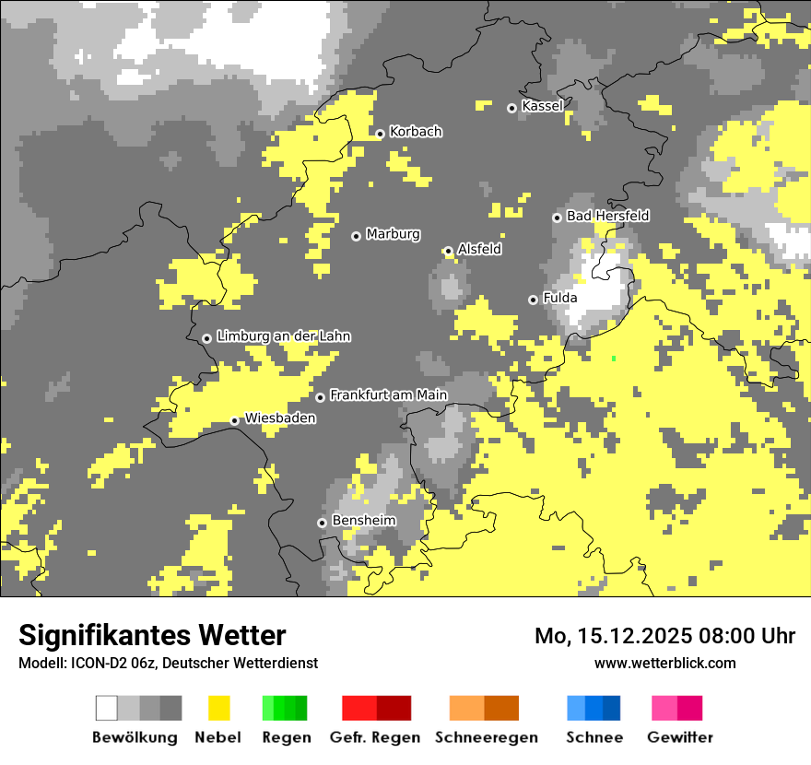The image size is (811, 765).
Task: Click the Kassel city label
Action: click(x=542, y=106)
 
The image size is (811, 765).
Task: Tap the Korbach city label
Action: click(x=416, y=132)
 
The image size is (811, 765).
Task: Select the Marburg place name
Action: click(x=393, y=234)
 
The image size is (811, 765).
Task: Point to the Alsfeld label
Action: click(x=479, y=249)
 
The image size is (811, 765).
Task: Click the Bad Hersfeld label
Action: click(x=607, y=216)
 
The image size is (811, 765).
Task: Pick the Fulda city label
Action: click(x=560, y=298)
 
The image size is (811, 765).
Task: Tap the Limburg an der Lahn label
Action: click(x=283, y=336)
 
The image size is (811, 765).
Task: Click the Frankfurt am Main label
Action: click(x=388, y=395)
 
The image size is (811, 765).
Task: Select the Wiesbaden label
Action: click(x=280, y=418)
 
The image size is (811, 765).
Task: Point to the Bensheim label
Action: click(x=363, y=521)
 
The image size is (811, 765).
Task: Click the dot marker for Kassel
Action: click(x=512, y=108)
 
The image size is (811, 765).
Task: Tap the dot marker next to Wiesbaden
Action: click(x=235, y=421)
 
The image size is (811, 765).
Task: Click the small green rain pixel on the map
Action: click(x=614, y=358)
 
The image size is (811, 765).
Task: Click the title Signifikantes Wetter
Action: click(x=152, y=635)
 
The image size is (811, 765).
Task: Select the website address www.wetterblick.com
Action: click(x=664, y=663)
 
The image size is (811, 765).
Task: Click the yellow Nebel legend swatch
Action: click(x=218, y=708)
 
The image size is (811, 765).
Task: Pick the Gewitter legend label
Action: click(x=680, y=737)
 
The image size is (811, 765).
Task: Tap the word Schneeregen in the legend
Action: click(x=487, y=737)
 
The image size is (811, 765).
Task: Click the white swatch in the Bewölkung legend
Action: click(x=107, y=708)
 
